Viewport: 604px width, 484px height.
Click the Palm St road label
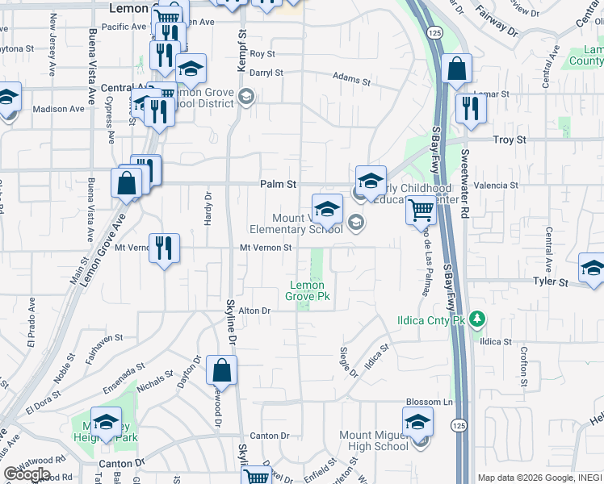tap(279, 185)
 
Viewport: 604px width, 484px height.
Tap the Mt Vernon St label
tap(264, 248)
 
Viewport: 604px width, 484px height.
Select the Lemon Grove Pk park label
tap(307, 290)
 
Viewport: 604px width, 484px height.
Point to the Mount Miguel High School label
tap(374, 440)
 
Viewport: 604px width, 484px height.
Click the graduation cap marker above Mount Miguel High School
tap(417, 422)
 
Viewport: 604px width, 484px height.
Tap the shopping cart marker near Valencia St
tap(421, 211)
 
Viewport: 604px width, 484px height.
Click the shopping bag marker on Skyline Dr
tap(221, 371)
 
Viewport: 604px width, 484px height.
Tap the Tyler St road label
tap(552, 282)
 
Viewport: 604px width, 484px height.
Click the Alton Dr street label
tap(253, 311)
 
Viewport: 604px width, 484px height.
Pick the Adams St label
tap(351, 81)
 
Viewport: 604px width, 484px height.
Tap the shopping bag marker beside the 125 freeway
tap(456, 71)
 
